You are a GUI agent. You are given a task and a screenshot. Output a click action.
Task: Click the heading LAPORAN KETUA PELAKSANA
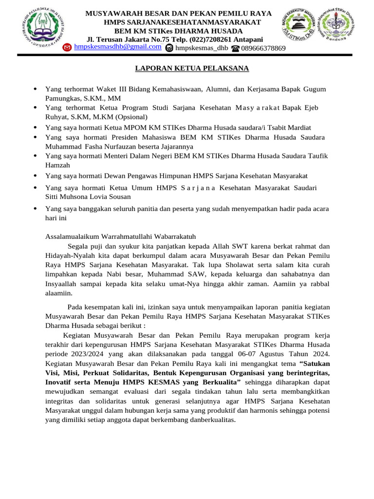(x=185, y=68)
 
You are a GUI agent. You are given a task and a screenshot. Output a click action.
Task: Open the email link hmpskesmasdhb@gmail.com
(x=117, y=46)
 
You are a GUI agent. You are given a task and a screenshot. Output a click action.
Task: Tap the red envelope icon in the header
(x=68, y=48)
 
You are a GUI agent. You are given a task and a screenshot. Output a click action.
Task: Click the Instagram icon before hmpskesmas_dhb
(x=169, y=48)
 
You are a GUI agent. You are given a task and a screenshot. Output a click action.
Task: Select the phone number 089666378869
(x=263, y=48)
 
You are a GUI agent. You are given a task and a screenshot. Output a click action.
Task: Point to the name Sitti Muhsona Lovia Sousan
(x=88, y=197)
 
